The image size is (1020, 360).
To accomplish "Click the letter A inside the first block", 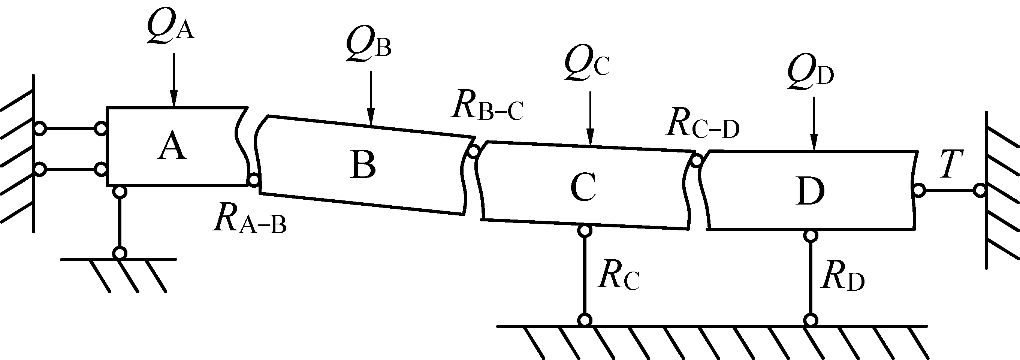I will tap(172, 146).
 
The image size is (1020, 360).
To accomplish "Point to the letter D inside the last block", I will tap(809, 191).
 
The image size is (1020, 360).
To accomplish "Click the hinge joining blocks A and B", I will tap(253, 181).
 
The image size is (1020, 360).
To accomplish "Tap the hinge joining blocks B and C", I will tap(473, 151).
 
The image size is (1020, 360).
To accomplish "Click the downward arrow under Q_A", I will tap(173, 79).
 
